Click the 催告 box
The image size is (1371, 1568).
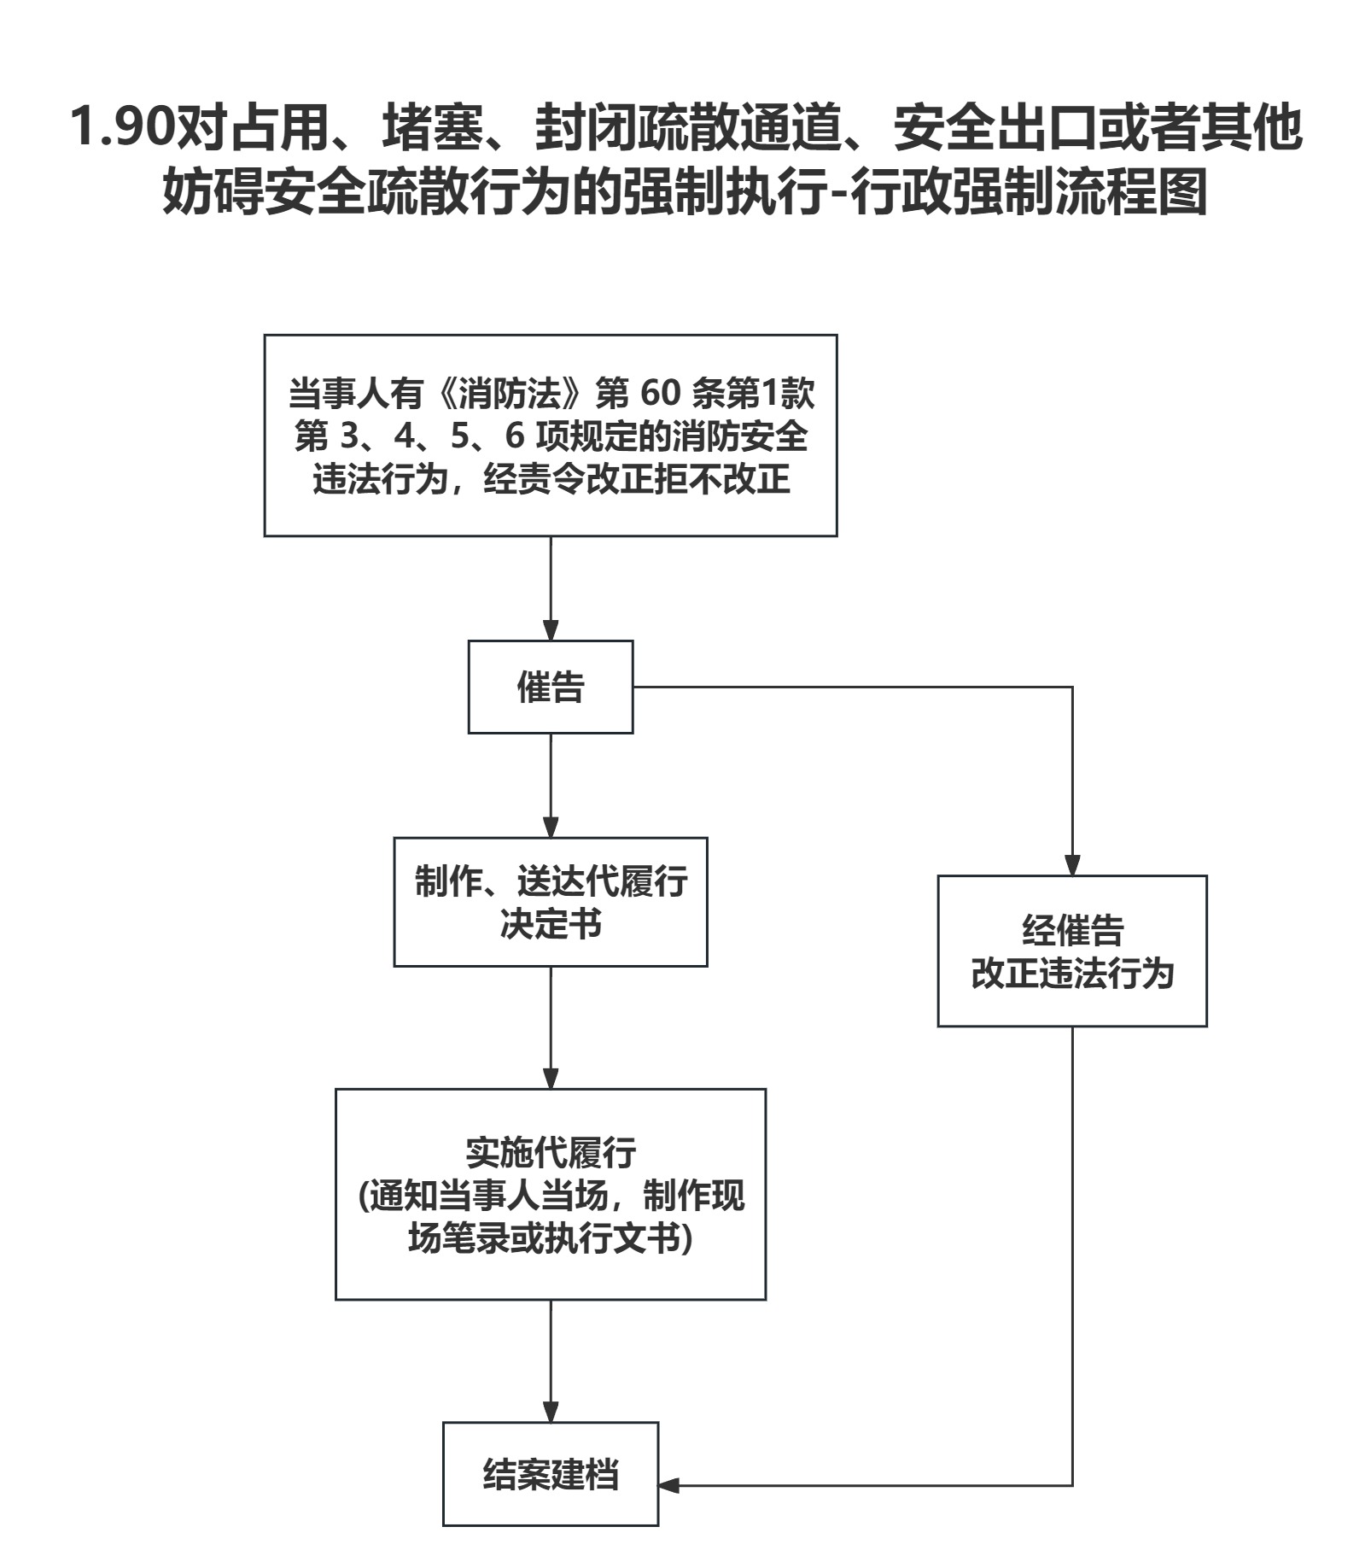[x=550, y=687]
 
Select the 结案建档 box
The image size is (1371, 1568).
[x=550, y=1474]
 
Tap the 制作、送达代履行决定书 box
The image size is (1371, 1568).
[x=550, y=902]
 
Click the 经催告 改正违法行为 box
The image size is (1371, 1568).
[x=1071, y=951]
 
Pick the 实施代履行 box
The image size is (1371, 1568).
[x=550, y=1194]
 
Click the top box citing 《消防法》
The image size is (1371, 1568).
[x=550, y=436]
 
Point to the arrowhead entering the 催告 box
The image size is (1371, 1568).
[x=551, y=630]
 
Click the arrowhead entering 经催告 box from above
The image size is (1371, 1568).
[x=1072, y=865]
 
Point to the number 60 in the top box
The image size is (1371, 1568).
[x=660, y=393]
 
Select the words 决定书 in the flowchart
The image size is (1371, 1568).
[x=551, y=924]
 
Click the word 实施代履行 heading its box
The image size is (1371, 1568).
[x=551, y=1152]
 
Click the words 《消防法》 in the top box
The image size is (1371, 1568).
[x=515, y=393]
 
